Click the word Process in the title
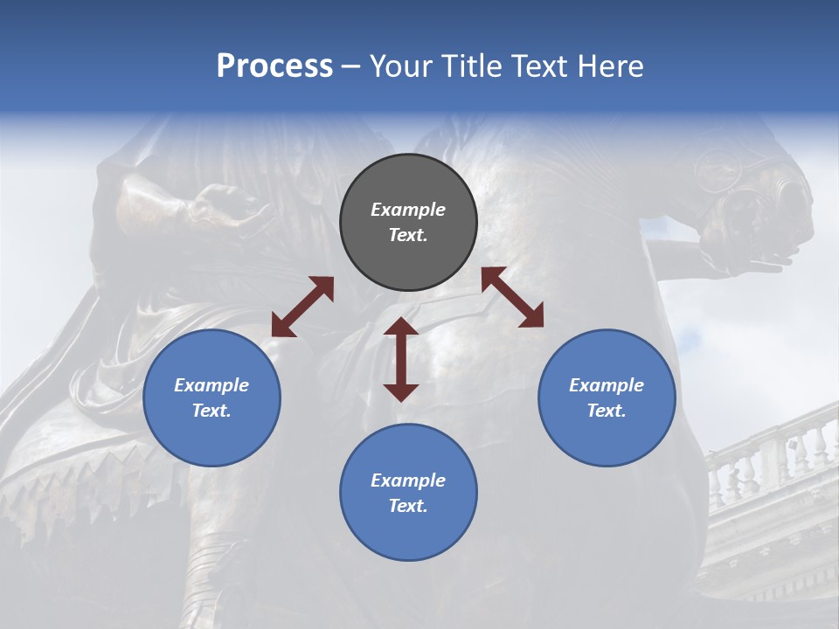point(274,66)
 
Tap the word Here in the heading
point(610,66)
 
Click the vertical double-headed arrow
point(401,359)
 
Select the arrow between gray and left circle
point(302,307)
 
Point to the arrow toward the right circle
point(512,297)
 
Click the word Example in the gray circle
point(408,210)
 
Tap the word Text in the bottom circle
point(408,506)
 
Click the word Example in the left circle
point(211,385)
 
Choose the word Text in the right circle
point(607,411)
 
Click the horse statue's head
point(752,201)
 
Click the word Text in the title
point(540,66)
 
